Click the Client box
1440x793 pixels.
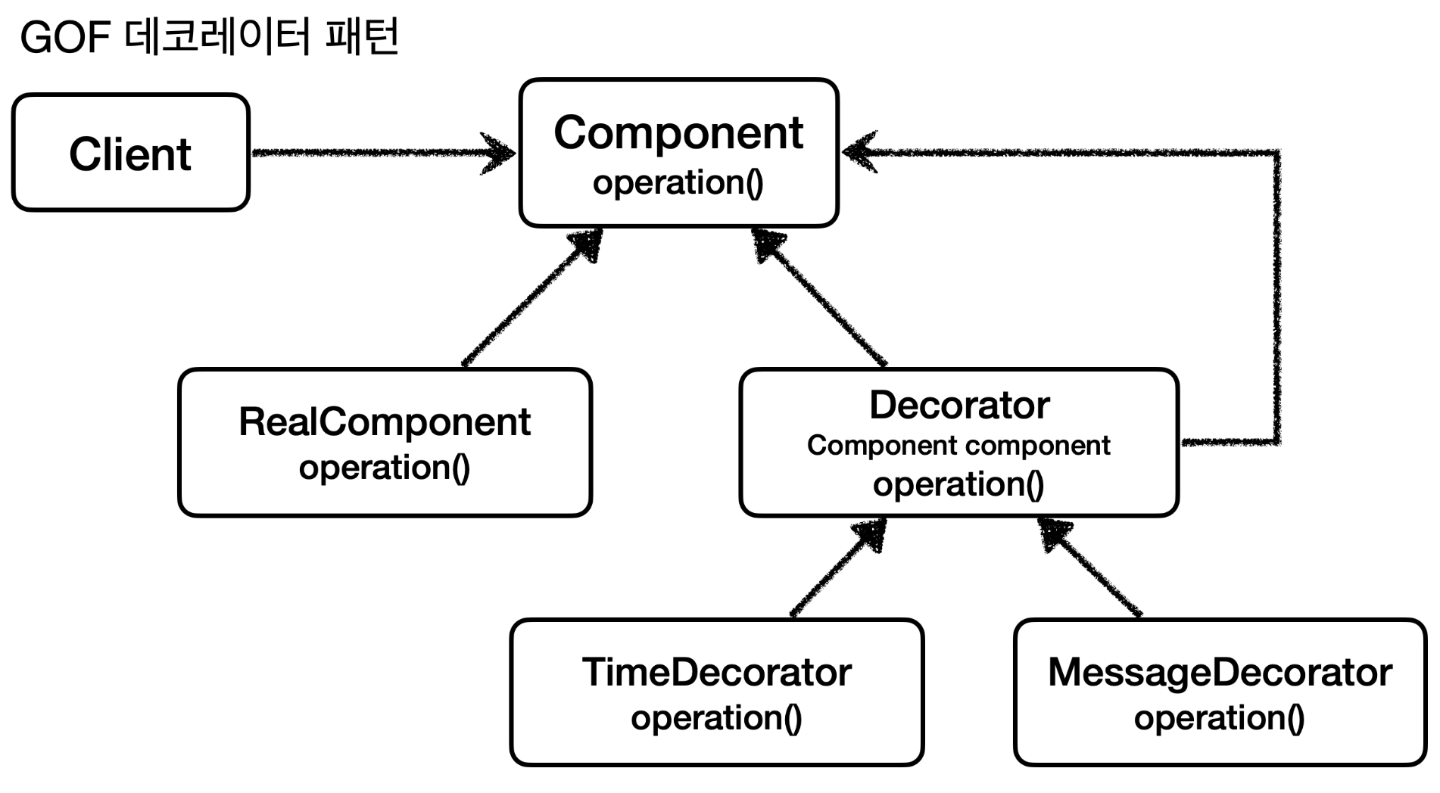(130, 153)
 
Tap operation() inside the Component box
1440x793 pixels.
(678, 182)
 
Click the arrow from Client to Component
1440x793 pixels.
(379, 153)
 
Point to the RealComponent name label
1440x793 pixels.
(385, 421)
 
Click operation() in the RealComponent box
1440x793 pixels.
(385, 468)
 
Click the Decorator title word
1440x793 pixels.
(959, 405)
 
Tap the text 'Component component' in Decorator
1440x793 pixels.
(958, 445)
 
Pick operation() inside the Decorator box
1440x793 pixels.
(958, 484)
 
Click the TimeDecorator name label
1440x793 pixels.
(716, 672)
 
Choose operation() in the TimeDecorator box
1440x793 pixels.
(716, 717)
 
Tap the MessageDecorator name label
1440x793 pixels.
(1220, 672)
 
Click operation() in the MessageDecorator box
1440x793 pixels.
(1220, 717)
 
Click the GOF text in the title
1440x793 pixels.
(66, 38)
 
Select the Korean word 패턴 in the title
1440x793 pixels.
(361, 38)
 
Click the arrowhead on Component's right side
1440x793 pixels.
(859, 152)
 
